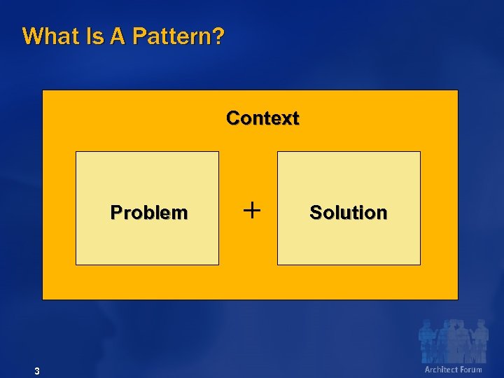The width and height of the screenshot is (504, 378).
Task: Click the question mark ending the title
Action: (219, 36)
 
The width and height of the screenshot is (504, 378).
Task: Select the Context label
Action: (262, 118)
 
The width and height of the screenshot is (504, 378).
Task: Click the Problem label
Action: (149, 213)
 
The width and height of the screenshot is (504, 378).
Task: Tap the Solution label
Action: (348, 213)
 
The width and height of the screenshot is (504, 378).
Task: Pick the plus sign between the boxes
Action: (251, 209)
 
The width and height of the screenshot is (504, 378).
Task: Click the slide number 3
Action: (36, 370)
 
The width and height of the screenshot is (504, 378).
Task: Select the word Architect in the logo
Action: (442, 369)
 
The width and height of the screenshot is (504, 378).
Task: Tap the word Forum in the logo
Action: (471, 369)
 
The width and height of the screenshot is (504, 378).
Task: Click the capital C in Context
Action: (232, 118)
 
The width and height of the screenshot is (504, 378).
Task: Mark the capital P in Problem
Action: (115, 213)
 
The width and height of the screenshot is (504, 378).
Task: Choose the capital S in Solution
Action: (315, 213)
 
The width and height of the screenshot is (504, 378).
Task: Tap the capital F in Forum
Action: (462, 369)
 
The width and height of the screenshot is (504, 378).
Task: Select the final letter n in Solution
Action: (382, 213)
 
